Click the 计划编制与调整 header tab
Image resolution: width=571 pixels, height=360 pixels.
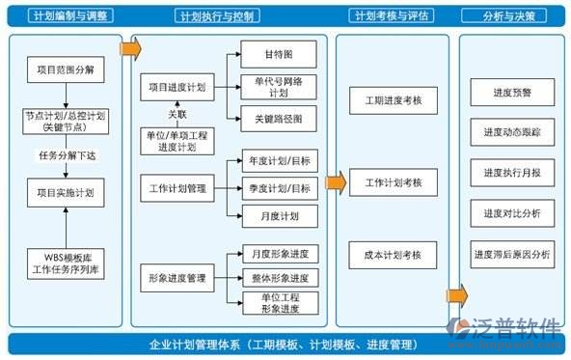65,16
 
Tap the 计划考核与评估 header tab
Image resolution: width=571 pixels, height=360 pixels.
392,16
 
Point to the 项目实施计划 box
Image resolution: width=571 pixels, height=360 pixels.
65,193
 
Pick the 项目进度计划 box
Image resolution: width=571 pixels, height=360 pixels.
177,87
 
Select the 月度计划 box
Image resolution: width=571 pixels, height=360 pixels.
279,214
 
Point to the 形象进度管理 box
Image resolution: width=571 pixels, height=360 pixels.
177,279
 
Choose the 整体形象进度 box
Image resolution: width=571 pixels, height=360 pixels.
279,278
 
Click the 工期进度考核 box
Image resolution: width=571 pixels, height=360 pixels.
393,100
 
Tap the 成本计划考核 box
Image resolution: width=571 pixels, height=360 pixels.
393,255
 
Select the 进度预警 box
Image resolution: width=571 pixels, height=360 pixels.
511,93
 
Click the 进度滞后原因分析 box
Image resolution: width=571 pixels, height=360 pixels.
511,255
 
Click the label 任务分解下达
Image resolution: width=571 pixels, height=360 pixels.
65,154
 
